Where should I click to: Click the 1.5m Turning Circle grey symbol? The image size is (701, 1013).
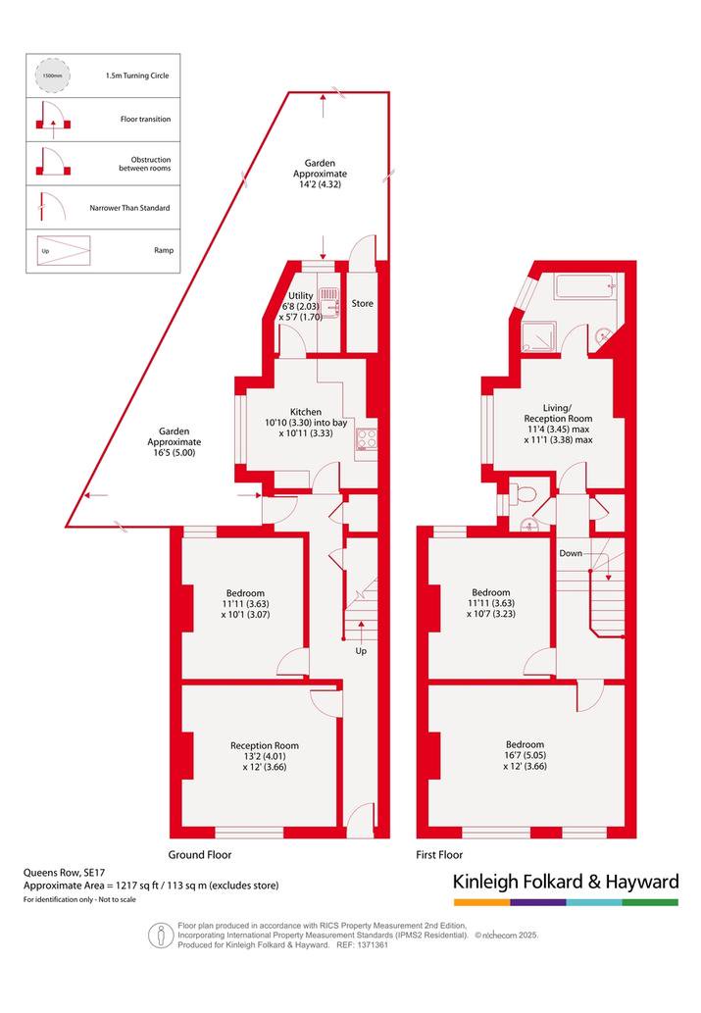click(52, 76)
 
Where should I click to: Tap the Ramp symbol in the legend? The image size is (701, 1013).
click(64, 251)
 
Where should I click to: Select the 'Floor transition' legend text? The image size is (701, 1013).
click(145, 119)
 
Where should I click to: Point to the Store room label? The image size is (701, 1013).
click(363, 303)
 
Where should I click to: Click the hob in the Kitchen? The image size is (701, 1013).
click(367, 439)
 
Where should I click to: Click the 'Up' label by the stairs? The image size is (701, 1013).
click(361, 650)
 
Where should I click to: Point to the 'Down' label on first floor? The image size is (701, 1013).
click(571, 553)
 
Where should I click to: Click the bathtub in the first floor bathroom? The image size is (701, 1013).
click(584, 287)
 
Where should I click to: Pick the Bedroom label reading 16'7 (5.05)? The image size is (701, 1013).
click(525, 754)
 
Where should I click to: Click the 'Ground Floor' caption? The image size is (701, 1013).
click(200, 855)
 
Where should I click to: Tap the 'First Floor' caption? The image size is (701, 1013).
click(439, 855)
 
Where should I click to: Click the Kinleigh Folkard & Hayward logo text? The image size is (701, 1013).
click(566, 882)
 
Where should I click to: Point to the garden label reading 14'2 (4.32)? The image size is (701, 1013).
click(320, 174)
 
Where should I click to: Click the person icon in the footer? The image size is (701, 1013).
click(160, 935)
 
